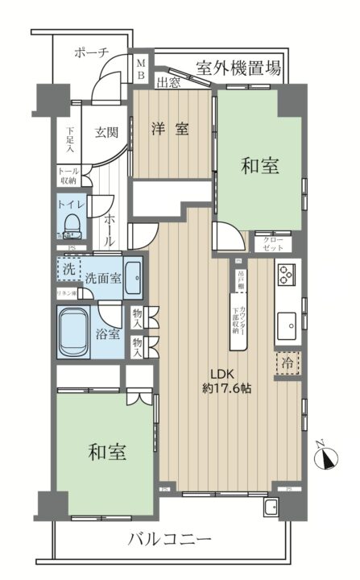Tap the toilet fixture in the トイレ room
[x=71, y=222]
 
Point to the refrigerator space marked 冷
[x=287, y=362]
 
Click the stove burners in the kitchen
[x=287, y=277]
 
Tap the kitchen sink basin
[x=287, y=325]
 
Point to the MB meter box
[x=140, y=68]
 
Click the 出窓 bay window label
[x=168, y=82]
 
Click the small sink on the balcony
[x=271, y=507]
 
